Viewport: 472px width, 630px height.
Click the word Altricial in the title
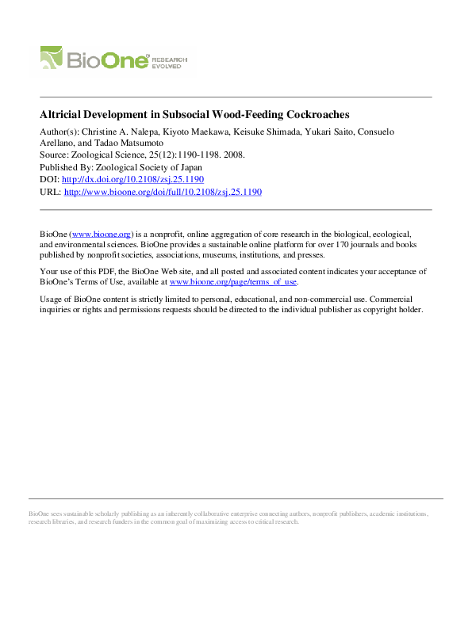61,114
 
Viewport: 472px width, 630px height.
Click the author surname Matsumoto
118,143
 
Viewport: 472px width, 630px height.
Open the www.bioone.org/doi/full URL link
162,192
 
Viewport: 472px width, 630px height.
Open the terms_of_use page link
233,281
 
